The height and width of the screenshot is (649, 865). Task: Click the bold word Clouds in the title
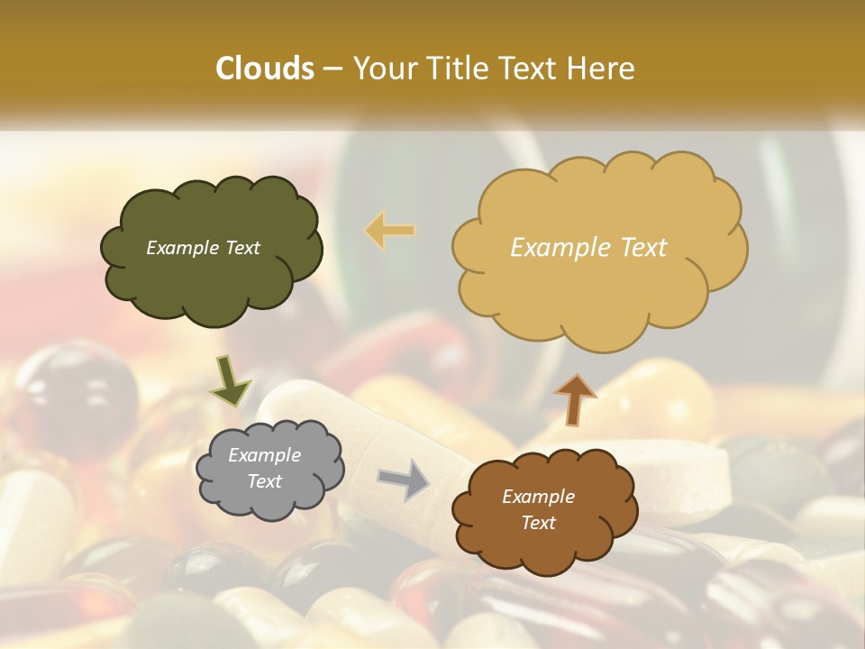click(264, 69)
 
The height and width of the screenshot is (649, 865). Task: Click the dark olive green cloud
click(211, 270)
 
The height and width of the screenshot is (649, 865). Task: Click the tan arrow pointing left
click(389, 231)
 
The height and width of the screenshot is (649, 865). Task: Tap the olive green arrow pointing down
click(230, 384)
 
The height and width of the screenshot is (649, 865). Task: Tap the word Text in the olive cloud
click(241, 248)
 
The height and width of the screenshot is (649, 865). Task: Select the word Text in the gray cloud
click(265, 481)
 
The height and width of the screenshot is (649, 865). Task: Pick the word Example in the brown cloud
click(538, 497)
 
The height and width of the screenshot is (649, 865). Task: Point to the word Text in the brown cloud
click(538, 523)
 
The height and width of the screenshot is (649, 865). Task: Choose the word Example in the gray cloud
click(265, 455)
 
